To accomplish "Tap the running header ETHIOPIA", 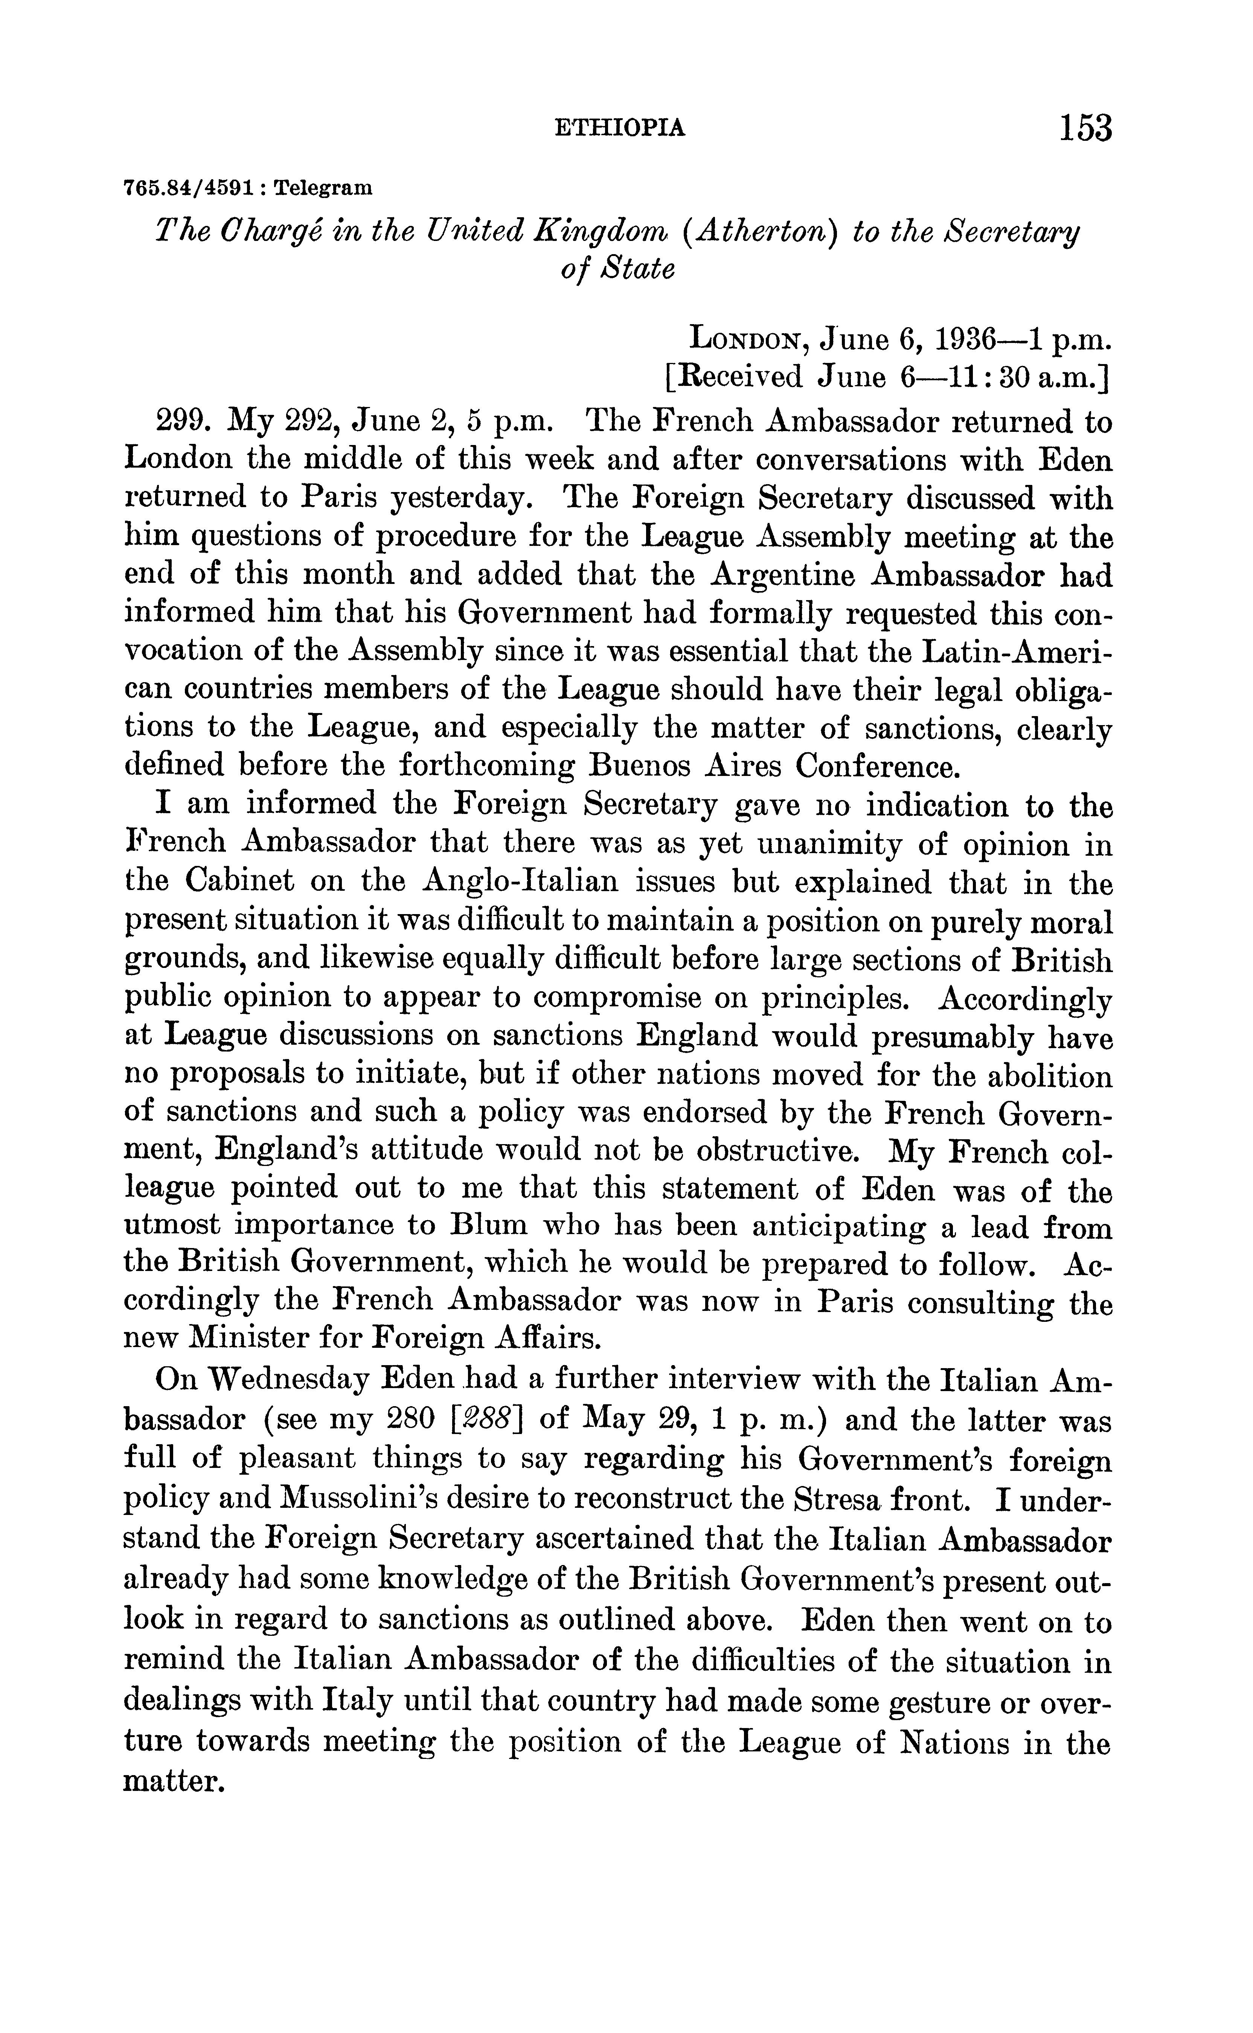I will click(619, 128).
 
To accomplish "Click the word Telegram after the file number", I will click(323, 188).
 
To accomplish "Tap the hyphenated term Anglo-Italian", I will click(520, 881).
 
